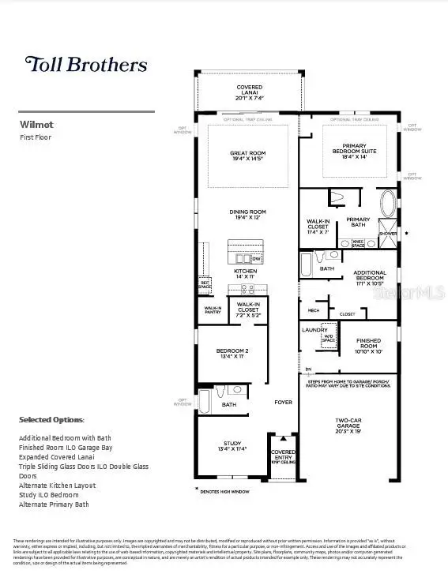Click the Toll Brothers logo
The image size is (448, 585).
coord(86,64)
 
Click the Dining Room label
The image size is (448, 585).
coord(248,215)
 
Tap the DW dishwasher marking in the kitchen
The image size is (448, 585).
coord(256,258)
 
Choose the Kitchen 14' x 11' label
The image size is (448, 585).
coord(245,274)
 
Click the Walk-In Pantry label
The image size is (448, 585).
coord(213,310)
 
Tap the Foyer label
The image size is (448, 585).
coord(283,402)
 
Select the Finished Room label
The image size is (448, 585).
coord(368,344)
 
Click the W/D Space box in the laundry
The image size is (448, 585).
coord(326,339)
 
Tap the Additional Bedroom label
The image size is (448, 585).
coord(370,277)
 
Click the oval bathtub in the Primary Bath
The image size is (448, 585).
coord(389,204)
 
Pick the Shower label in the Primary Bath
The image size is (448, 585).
coord(388,234)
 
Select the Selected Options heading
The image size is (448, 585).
coord(51,419)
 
